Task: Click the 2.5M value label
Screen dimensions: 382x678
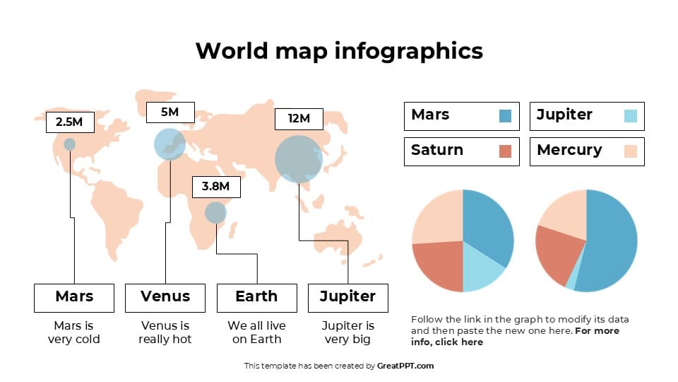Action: click(69, 122)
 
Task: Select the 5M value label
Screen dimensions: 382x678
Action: click(169, 112)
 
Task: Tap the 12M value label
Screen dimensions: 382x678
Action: click(299, 119)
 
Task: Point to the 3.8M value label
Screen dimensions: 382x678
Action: click(216, 187)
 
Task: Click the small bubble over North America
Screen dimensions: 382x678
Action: click(69, 144)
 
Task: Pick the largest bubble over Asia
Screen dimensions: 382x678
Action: click(298, 159)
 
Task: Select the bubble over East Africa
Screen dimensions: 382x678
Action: click(215, 212)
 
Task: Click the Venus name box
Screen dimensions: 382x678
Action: click(165, 297)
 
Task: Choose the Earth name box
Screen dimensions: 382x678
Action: click(256, 297)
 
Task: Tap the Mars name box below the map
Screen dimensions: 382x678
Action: click(74, 297)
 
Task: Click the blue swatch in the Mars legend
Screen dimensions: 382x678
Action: click(505, 115)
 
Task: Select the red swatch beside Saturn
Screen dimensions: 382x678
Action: click(505, 151)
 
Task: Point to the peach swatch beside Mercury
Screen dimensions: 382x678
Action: click(631, 151)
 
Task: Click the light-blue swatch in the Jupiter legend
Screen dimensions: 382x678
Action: click(631, 115)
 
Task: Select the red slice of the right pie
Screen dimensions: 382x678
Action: click(558, 255)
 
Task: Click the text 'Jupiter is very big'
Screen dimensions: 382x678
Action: click(347, 332)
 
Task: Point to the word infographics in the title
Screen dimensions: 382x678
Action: click(408, 51)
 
